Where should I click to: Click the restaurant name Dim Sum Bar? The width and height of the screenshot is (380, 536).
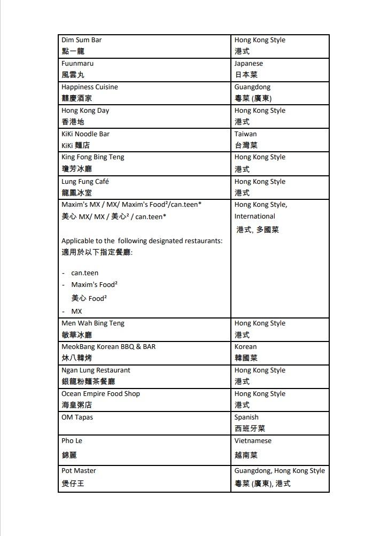click(81, 40)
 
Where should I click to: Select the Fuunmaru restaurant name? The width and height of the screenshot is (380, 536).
click(77, 64)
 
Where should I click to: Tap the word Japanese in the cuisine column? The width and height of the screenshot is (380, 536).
click(249, 64)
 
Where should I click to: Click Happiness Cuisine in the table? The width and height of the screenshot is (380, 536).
click(90, 87)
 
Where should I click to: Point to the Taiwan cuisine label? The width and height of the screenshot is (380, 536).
click(245, 134)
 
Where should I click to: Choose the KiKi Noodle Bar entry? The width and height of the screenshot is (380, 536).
click(86, 134)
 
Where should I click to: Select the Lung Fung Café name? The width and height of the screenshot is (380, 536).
click(85, 182)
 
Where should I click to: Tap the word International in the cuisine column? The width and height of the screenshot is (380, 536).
click(254, 216)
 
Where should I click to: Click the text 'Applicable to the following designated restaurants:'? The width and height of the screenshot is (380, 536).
click(142, 241)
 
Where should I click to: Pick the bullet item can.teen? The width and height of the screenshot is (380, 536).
click(84, 273)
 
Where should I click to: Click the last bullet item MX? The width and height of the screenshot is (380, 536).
click(76, 311)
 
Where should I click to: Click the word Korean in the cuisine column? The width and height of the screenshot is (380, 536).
click(245, 347)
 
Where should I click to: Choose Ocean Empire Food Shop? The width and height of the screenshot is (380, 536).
click(100, 394)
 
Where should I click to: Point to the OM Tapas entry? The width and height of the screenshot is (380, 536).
click(77, 417)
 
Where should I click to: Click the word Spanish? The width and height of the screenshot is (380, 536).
click(246, 417)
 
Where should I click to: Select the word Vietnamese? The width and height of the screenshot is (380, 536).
click(253, 441)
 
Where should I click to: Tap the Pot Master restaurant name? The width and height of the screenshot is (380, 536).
click(79, 471)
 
